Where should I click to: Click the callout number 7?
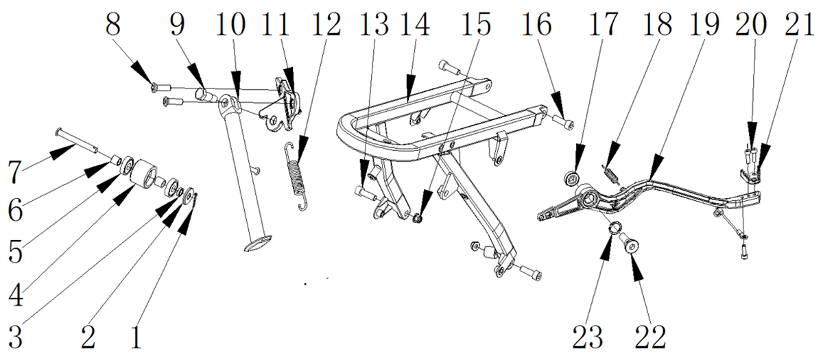(14, 171)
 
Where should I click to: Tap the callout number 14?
(415, 24)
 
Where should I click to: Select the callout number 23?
(588, 337)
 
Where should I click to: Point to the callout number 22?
(650, 337)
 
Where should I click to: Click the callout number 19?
(704, 24)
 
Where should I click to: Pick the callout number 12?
(326, 24)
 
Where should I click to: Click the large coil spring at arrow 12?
(298, 177)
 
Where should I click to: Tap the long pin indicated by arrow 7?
(77, 140)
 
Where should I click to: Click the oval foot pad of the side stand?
(258, 244)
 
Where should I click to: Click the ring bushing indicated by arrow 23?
(615, 228)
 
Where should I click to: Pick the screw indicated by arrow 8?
(161, 88)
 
